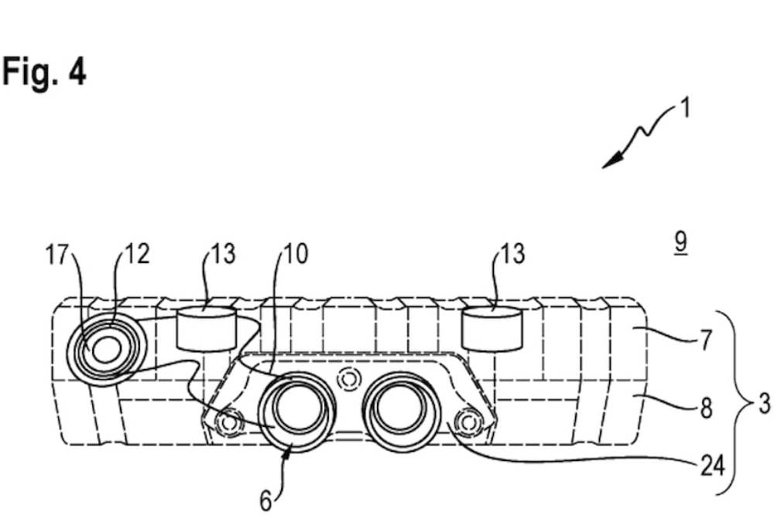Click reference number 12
135,255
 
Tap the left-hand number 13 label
222,255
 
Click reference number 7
705,340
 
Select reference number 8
705,408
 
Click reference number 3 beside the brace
764,405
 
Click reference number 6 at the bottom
265,502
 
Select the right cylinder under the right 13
492,326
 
